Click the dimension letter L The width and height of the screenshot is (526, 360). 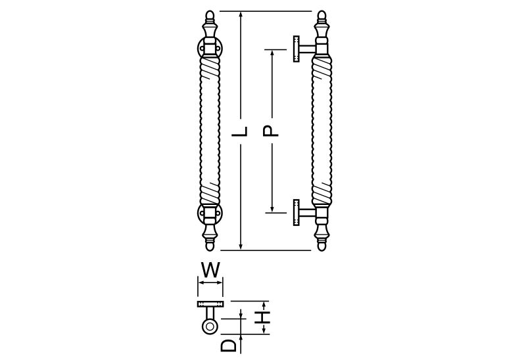(240, 131)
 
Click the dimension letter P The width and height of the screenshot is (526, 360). (270, 131)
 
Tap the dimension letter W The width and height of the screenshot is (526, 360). (210, 270)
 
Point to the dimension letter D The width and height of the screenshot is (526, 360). (228, 346)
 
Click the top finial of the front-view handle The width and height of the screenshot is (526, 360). (210, 24)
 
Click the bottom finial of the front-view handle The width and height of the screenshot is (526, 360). (210, 237)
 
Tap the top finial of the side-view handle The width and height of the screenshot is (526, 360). (322, 24)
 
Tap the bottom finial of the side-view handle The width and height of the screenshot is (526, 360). (322, 237)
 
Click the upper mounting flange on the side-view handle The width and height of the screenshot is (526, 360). (297, 49)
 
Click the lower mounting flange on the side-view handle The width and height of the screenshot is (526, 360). (297, 212)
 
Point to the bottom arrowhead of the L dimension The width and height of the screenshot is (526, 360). (240, 246)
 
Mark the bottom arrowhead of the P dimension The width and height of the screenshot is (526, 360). (272, 208)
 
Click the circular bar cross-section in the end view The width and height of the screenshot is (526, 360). (210, 326)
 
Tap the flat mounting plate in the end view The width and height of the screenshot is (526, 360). (210, 304)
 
